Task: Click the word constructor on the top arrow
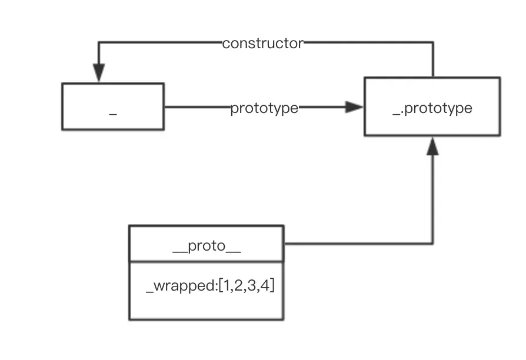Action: [263, 44]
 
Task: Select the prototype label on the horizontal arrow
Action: [264, 108]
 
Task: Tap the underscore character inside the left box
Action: [113, 112]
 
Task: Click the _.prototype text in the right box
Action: [432, 108]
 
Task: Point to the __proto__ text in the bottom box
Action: [207, 246]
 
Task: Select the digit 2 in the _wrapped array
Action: [240, 287]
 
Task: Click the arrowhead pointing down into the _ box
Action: [98, 73]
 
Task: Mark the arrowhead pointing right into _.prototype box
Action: [355, 107]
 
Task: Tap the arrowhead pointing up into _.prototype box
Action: [432, 146]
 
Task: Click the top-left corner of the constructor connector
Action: [98, 42]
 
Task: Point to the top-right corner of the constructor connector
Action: [433, 42]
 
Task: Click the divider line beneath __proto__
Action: [206, 262]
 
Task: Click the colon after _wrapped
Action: [215, 288]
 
